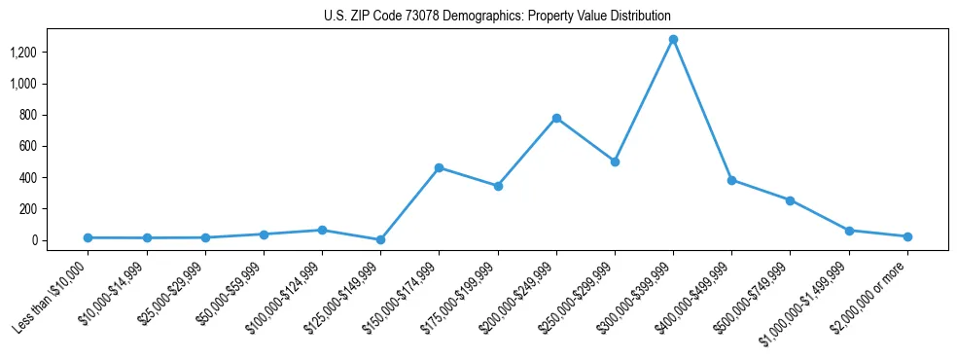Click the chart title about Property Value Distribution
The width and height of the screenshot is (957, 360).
497,17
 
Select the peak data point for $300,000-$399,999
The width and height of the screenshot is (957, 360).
673,40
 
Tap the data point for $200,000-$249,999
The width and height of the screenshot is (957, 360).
556,118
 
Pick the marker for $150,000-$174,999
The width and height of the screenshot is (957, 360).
440,167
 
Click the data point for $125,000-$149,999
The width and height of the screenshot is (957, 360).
380,239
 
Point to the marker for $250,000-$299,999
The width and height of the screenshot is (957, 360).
615,162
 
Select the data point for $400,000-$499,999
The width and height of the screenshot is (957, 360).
731,180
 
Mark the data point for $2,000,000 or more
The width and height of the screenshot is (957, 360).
907,236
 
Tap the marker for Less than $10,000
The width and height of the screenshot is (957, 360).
88,237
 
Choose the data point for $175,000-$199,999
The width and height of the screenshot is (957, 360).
498,186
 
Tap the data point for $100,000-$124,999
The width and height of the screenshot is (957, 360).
322,230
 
